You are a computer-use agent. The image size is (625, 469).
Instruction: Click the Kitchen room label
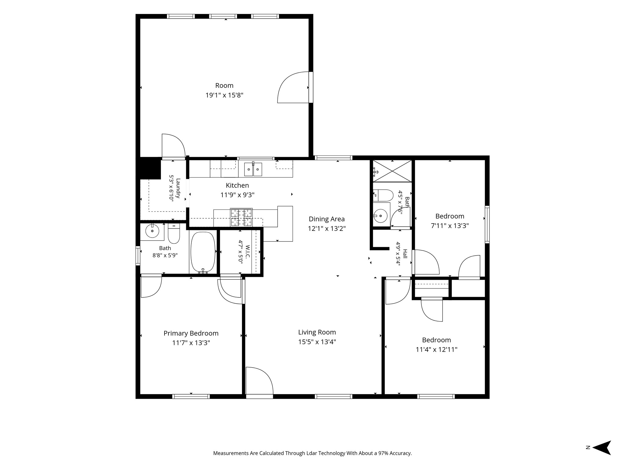(237, 185)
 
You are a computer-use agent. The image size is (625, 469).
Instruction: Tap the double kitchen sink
(253, 169)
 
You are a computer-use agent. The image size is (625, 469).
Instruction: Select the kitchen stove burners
(241, 217)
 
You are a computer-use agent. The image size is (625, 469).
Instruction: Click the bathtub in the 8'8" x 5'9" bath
(203, 253)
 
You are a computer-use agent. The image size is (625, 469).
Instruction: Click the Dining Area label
(327, 219)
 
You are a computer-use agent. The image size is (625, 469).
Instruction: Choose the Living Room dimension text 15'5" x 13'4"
(317, 342)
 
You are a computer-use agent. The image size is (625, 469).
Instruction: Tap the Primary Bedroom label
(191, 333)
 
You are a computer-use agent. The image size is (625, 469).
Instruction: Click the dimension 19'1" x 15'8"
(224, 95)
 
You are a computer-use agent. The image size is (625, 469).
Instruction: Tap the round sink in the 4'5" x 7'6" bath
(381, 216)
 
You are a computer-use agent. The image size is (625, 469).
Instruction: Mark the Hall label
(405, 254)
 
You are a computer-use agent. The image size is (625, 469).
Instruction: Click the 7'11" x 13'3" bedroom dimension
(450, 226)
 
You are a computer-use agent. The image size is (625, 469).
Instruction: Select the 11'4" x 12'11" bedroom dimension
(436, 349)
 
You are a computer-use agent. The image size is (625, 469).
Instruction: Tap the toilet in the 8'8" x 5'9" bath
(174, 234)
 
